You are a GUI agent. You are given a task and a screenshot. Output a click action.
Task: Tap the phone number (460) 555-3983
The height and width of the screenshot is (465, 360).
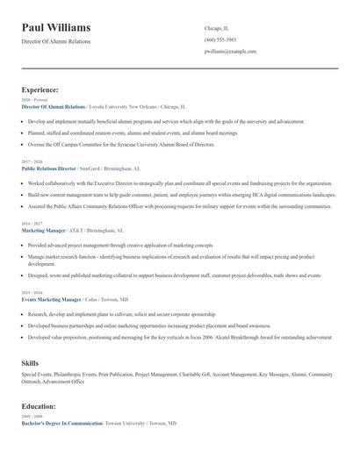point(220,39)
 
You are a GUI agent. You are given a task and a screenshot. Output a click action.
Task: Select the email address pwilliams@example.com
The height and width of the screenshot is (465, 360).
point(230,52)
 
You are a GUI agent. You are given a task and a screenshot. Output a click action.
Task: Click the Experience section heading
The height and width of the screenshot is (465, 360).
point(40,89)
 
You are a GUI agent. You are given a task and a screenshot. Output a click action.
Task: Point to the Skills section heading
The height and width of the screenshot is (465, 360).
point(30,362)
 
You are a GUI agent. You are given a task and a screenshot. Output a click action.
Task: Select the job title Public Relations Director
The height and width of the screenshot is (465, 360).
point(49,168)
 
